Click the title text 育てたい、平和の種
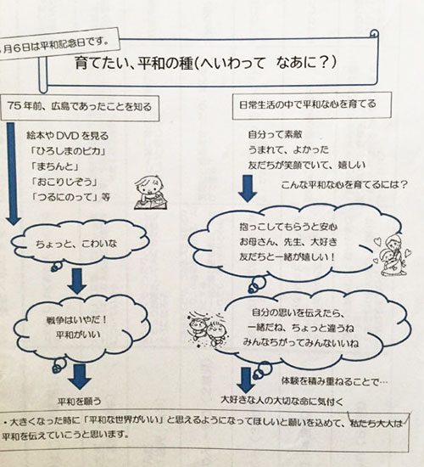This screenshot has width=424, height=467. click(134, 63)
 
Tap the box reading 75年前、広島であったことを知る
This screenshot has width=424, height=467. click(80, 108)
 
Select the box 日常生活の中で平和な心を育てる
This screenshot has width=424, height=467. click(311, 105)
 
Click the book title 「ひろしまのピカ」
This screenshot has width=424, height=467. click(69, 151)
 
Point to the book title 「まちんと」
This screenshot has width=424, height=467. click(55, 166)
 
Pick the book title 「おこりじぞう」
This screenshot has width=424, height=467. click(64, 182)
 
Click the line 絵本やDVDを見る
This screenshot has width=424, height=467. click(68, 136)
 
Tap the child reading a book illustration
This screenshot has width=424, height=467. click(150, 193)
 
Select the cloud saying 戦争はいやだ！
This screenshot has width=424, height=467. click(81, 327)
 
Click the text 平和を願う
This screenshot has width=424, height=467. click(80, 402)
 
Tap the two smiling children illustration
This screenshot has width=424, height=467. click(206, 329)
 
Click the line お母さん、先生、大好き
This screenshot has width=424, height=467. click(288, 241)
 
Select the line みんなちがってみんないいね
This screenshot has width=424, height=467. click(301, 343)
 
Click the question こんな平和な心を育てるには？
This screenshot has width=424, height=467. click(344, 185)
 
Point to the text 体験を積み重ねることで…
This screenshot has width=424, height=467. click(334, 381)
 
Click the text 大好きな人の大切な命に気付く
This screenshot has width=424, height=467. click(282, 401)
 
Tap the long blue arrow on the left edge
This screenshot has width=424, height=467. click(13, 174)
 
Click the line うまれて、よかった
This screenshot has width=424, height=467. click(288, 149)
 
